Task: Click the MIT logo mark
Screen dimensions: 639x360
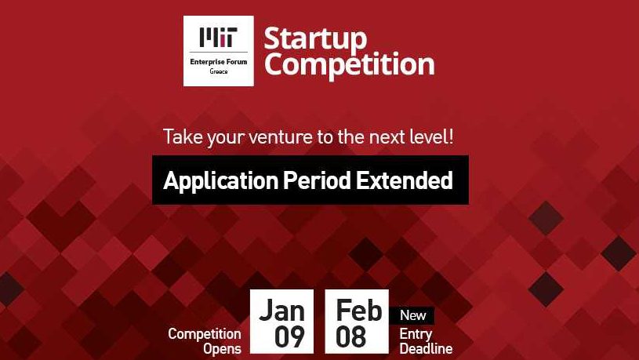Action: point(219,37)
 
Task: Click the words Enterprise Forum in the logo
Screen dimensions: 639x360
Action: point(219,62)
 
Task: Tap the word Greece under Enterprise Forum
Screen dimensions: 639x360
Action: point(219,71)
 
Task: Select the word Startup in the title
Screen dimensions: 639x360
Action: point(315,40)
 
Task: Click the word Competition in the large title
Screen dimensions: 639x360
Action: point(349,65)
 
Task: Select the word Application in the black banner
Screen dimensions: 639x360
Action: point(220,181)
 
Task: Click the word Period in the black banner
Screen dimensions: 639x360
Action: point(317,180)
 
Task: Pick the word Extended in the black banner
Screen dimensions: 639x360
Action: point(405,180)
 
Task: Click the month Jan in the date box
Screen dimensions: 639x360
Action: point(282,311)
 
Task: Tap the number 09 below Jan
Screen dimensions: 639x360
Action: point(289,336)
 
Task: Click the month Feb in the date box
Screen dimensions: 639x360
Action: point(358,311)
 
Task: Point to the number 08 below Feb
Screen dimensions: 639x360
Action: point(350,336)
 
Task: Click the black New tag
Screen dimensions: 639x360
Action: point(412,315)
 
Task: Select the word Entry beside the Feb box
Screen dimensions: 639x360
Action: point(416,334)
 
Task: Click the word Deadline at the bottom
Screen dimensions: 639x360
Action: point(426,348)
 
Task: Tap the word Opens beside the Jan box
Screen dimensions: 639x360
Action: point(222,349)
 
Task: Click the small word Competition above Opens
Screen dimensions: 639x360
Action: point(204,334)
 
